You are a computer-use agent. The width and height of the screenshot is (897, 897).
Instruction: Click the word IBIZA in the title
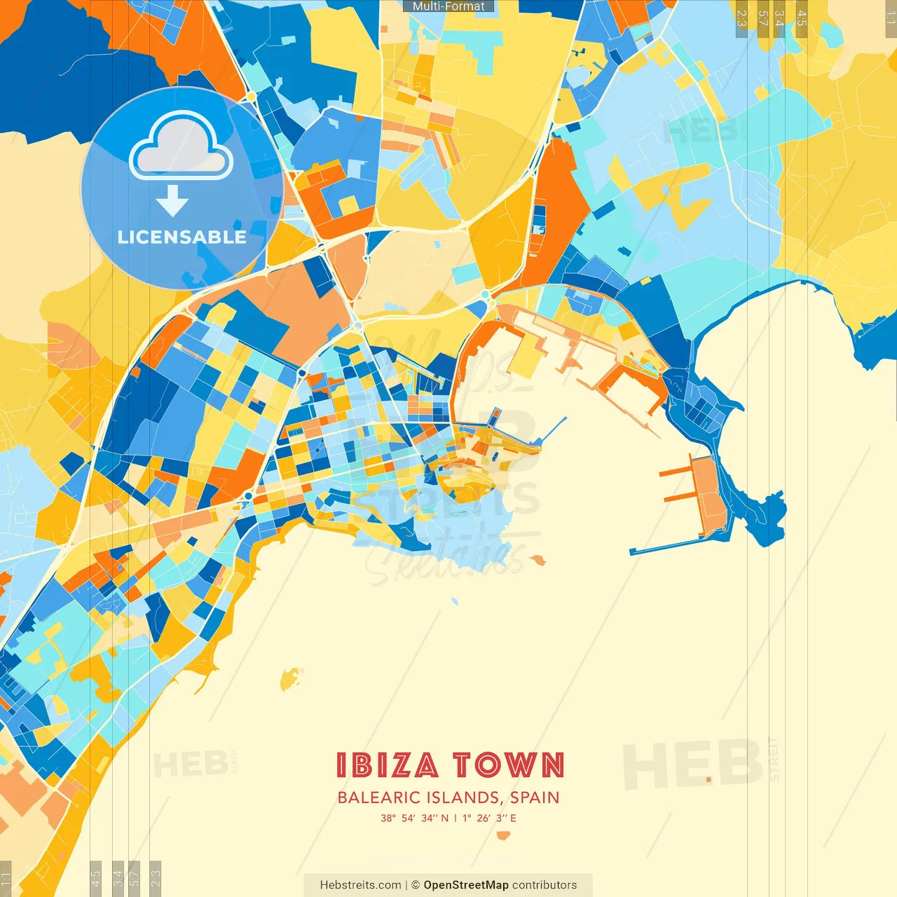coord(387,765)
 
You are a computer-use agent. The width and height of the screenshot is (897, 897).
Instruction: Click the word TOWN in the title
coord(508,765)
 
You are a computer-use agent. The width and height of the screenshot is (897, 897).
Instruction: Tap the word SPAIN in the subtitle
coord(535,797)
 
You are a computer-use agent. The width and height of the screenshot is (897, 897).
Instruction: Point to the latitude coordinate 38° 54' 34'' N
coord(414,818)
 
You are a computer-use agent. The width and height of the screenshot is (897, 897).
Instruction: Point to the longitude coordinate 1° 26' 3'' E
coord(489,818)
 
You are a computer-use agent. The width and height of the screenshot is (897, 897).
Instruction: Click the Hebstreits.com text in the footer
coord(360,885)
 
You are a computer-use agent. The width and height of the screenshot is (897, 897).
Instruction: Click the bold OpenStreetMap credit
coord(465,885)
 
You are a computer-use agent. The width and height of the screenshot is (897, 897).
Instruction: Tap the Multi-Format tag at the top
coord(448,6)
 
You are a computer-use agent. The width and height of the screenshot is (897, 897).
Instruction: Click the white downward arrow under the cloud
coord(172,201)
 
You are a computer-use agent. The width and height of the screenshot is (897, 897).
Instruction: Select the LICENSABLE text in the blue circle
coord(182,237)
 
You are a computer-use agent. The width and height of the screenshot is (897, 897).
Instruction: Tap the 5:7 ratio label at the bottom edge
coord(134,877)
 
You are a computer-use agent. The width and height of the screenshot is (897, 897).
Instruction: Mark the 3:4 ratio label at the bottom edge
coord(118,877)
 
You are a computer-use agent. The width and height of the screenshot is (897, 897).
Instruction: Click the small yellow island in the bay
coord(289,678)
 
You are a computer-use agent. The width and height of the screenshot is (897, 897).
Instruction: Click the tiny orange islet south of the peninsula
coord(537,559)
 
